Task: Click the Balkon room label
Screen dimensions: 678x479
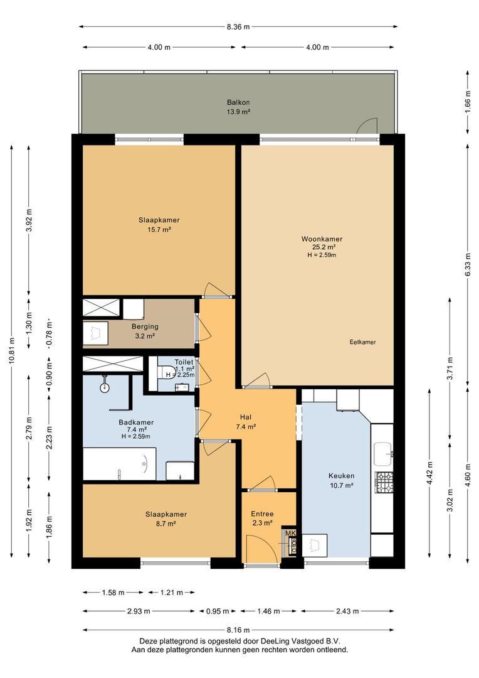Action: tap(238, 102)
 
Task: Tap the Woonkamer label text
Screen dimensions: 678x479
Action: tap(322, 239)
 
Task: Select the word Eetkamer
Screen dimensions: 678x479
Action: tap(362, 342)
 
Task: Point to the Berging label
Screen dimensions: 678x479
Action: tap(144, 326)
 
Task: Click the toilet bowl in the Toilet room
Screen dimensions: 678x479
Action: tap(166, 374)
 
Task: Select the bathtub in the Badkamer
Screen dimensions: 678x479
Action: tap(120, 463)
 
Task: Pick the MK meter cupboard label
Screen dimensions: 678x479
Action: tap(290, 534)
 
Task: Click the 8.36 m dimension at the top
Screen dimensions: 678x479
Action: tap(238, 26)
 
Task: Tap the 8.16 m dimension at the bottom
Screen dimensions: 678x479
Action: tap(238, 630)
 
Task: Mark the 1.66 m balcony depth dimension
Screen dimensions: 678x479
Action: tap(468, 102)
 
